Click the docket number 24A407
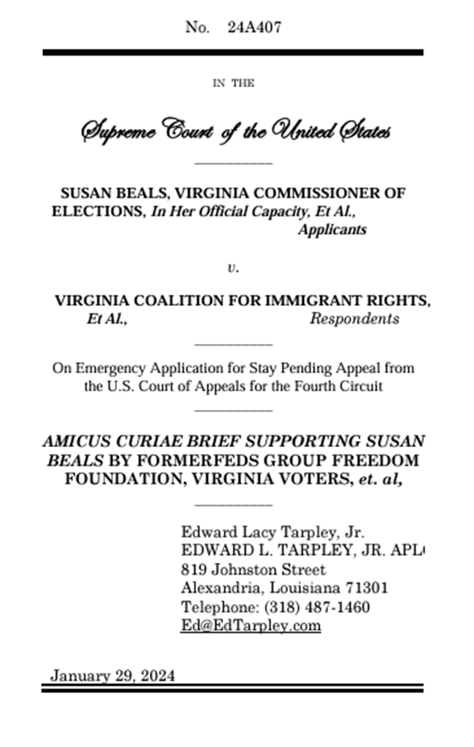254,27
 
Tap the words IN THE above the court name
233,83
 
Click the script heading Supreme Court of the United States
235,131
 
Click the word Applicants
331,230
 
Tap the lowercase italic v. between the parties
233,268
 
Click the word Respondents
354,319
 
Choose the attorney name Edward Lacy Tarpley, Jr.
273,531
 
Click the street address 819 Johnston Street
253,570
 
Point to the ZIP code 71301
366,588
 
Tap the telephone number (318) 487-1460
317,607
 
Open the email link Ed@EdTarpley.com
250,625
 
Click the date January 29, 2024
113,675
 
